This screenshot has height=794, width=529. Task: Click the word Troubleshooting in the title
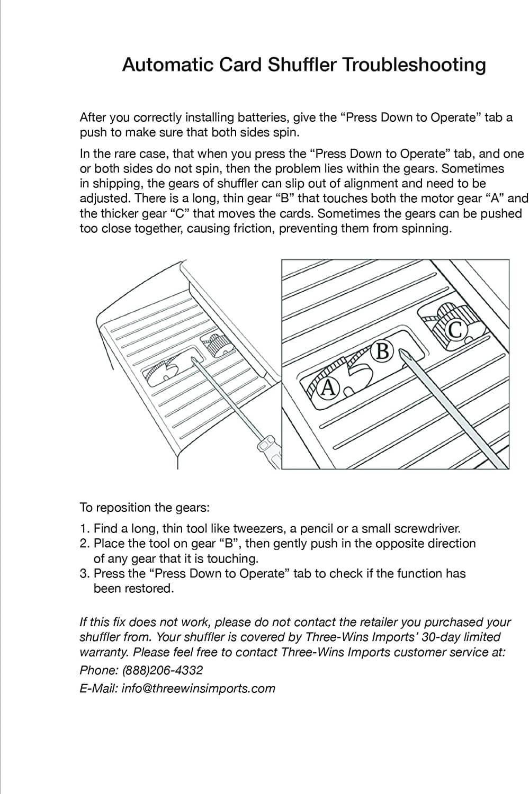tap(415, 65)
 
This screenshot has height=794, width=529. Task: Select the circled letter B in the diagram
tap(382, 351)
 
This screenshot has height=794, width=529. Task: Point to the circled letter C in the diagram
tap(456, 330)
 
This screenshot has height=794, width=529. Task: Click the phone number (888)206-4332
tap(162, 670)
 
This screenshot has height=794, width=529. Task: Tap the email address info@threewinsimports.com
tap(198, 688)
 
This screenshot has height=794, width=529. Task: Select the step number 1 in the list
tap(84, 528)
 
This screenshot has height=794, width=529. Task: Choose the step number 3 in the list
tap(84, 573)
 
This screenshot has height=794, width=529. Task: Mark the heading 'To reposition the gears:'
tap(145, 508)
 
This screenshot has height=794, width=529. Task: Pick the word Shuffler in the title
tap(301, 65)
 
